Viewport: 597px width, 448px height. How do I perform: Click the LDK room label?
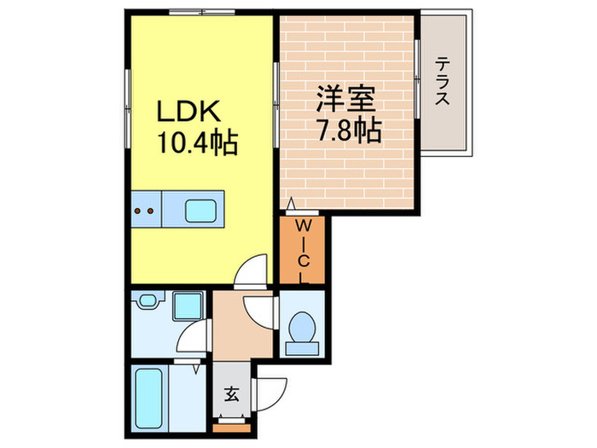(188, 111)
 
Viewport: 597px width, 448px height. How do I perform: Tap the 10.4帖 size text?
(195, 141)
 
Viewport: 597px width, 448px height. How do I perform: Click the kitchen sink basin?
(202, 208)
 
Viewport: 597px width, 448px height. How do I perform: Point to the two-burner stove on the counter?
(144, 208)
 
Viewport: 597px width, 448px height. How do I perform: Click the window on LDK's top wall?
(201, 13)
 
